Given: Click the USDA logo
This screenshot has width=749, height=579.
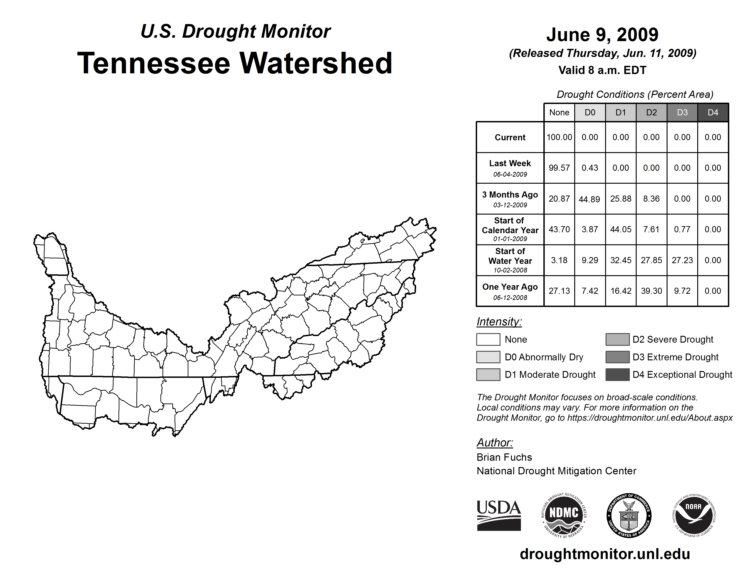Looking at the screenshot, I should [499, 515].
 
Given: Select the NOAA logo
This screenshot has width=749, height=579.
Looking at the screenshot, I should [694, 515].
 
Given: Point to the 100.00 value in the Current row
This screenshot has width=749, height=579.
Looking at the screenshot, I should [559, 137].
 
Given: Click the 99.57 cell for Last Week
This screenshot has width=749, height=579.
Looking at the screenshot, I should [559, 168].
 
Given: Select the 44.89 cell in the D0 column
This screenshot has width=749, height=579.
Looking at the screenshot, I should [589, 199].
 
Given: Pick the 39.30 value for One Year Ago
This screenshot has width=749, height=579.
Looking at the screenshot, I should [651, 291].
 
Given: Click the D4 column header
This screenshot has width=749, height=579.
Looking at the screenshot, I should [713, 112].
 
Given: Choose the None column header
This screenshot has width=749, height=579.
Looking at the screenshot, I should [559, 112].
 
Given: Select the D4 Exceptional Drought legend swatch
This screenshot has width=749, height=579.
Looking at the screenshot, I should [617, 375].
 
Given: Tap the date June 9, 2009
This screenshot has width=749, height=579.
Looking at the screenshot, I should [602, 35].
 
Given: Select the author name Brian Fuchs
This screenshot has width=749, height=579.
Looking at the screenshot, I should [504, 457].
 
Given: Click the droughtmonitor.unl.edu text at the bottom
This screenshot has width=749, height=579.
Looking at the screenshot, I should [605, 554].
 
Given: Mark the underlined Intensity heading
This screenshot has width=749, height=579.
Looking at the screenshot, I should [499, 322].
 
